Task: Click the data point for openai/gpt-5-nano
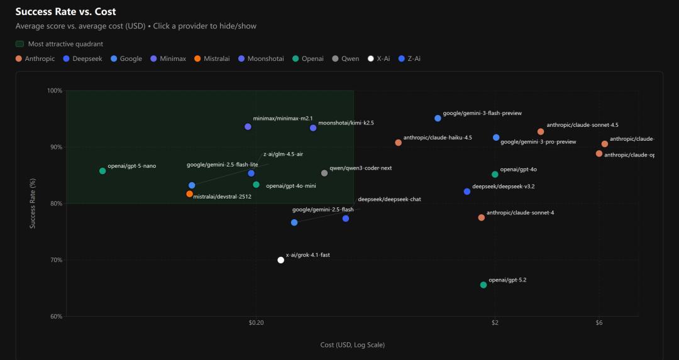point(102,171)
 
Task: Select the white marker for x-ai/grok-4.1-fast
point(281,260)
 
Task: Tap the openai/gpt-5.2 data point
point(483,285)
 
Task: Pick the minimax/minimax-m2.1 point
point(248,127)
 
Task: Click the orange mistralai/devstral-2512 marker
point(189,194)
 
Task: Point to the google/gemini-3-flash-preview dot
point(438,118)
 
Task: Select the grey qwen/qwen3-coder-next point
point(324,173)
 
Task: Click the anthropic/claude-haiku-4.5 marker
point(398,143)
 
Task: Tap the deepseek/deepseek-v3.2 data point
point(466,192)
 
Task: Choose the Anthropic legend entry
point(35,59)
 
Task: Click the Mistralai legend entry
point(212,59)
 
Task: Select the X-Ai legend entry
point(379,59)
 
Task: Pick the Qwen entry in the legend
point(346,59)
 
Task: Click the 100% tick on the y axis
point(55,90)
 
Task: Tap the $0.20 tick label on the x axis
point(256,323)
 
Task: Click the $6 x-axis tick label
point(599,323)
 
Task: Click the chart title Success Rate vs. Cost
point(65,12)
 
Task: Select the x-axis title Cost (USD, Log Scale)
point(352,345)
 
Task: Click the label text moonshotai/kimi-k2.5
point(346,123)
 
